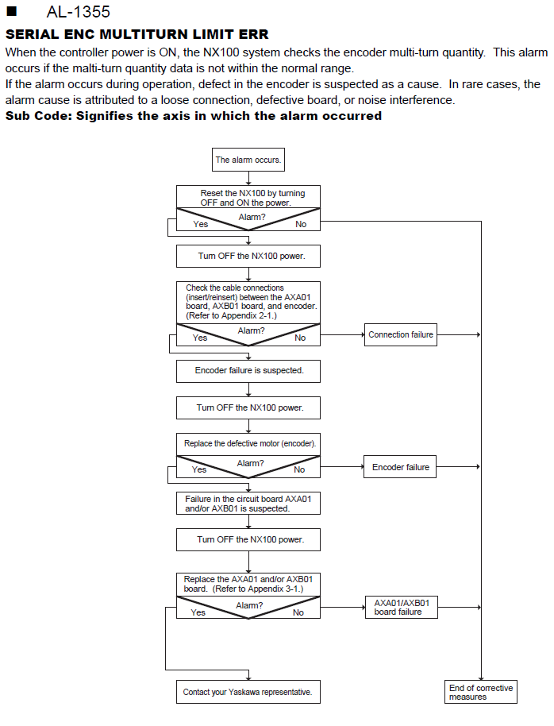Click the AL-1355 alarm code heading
[x=79, y=12]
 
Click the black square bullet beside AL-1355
[x=12, y=11]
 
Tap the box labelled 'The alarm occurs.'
[x=248, y=160]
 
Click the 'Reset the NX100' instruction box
[x=248, y=197]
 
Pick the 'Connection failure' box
[x=400, y=334]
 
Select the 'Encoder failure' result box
[x=400, y=467]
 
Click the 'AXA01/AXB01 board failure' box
[x=402, y=608]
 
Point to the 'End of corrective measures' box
[x=481, y=692]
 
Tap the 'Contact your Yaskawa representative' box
[x=248, y=692]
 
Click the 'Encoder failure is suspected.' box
[x=248, y=371]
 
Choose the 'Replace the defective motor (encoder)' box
[x=248, y=444]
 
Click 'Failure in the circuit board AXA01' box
[x=248, y=504]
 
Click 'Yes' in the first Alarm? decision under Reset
[x=200, y=224]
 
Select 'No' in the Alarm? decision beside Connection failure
[x=300, y=338]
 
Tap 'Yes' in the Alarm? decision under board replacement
[x=198, y=612]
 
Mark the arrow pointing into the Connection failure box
[x=342, y=334]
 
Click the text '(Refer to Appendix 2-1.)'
[x=231, y=316]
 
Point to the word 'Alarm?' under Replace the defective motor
[x=250, y=463]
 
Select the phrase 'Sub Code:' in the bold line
[x=39, y=116]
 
